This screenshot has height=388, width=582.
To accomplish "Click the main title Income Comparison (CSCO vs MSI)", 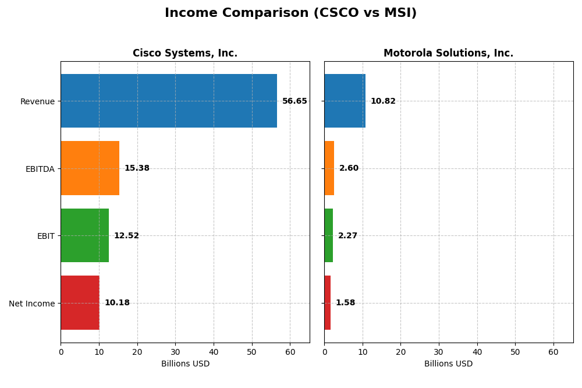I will [x=290, y=13].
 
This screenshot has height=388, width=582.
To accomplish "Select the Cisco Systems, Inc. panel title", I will [x=185, y=53].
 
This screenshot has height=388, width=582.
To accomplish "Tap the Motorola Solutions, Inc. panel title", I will [x=448, y=53].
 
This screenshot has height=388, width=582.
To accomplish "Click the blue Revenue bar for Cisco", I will [x=169, y=101].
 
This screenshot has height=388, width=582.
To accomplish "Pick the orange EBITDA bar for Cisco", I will [x=90, y=168].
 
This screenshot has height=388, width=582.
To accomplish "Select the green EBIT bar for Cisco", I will [x=84, y=235].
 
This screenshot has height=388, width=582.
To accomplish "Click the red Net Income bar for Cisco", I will [x=80, y=303].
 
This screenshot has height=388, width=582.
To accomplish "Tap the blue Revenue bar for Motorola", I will [x=345, y=101].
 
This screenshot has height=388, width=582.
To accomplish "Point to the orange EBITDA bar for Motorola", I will [x=329, y=168].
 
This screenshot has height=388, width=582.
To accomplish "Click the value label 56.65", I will [x=294, y=101].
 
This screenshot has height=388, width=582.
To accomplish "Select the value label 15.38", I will [x=137, y=168].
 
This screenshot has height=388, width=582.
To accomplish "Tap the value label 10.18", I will [x=117, y=303].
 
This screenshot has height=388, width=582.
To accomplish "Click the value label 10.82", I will [x=383, y=101].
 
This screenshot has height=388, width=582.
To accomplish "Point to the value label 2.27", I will [x=347, y=236].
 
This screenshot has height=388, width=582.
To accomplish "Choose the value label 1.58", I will [x=345, y=303].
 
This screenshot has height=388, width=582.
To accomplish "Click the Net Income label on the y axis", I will [x=32, y=304].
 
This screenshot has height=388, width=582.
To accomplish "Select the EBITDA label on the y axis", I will [x=40, y=169].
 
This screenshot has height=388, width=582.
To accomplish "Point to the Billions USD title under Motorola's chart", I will [x=448, y=364].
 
